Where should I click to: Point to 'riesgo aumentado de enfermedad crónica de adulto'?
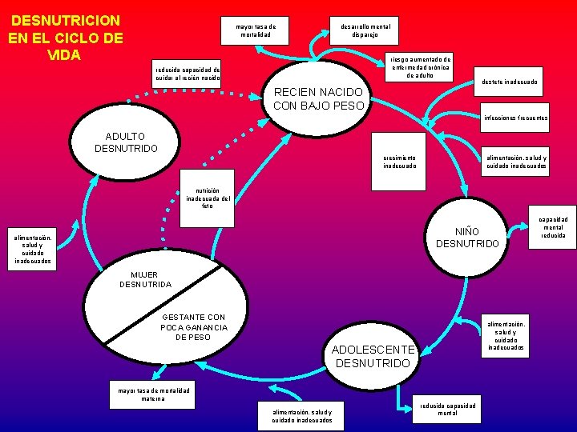420,66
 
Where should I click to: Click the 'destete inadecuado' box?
510,82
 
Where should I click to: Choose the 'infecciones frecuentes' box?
514,118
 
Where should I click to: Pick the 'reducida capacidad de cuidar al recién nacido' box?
187,74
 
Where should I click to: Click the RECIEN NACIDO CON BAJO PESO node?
319,99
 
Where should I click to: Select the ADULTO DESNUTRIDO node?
126,143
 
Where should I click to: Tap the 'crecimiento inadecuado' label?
399,162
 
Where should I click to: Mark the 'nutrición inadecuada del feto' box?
208,196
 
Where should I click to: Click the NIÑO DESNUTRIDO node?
467,238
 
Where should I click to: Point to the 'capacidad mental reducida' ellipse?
552,227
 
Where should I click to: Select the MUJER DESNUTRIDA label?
145,279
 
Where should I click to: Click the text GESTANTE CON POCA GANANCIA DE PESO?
194,327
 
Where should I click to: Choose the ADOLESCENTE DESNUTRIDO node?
373,356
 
